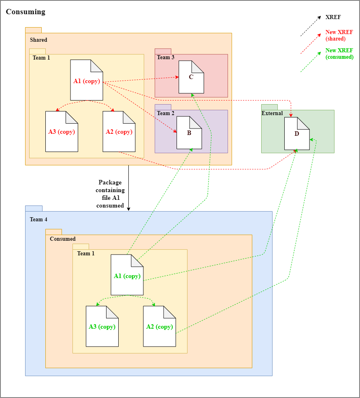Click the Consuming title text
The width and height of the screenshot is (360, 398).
[26, 12]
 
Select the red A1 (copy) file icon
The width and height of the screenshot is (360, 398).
[86, 81]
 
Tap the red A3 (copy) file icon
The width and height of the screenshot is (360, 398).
[62, 132]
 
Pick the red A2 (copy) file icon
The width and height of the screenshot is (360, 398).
[119, 132]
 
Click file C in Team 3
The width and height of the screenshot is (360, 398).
[191, 77]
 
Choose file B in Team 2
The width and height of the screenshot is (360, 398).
[189, 133]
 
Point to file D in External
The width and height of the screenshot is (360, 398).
[297, 134]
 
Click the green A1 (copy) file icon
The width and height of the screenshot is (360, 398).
[127, 276]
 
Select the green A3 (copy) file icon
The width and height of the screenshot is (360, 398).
[102, 326]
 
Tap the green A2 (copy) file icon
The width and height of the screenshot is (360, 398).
[159, 326]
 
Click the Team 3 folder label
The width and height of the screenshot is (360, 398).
[166, 58]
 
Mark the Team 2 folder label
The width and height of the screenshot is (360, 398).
[166, 113]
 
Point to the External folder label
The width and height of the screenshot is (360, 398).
[272, 113]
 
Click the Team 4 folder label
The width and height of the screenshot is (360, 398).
[38, 220]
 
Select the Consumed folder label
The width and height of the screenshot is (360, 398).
[63, 239]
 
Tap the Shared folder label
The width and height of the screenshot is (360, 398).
[38, 40]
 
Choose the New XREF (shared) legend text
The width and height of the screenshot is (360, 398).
[339, 36]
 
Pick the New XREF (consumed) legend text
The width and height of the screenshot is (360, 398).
[339, 54]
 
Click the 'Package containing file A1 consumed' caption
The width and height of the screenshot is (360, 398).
[110, 194]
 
